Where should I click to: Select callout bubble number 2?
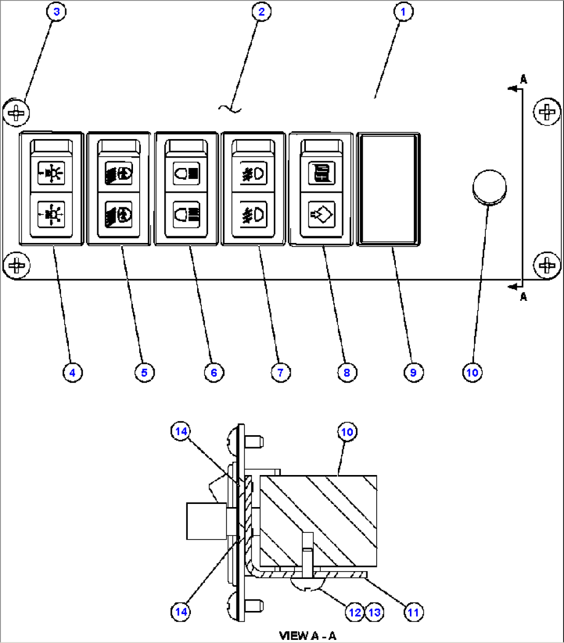(261, 11)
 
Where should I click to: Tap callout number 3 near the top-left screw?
(56, 11)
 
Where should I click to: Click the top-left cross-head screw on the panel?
(17, 112)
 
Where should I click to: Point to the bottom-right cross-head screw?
(547, 265)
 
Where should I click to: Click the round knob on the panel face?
(489, 187)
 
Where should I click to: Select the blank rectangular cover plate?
(388, 189)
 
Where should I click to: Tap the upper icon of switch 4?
(51, 173)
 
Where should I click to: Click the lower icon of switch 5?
(118, 213)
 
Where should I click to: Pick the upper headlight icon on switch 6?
(186, 173)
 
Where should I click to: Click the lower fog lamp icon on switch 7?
(254, 213)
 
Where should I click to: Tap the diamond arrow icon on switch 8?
(321, 213)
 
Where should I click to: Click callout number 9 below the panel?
(413, 372)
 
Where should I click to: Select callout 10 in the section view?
(347, 432)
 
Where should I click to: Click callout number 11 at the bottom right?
(412, 613)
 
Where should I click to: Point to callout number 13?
(374, 613)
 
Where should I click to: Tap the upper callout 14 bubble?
(181, 432)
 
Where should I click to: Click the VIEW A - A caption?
(307, 635)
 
